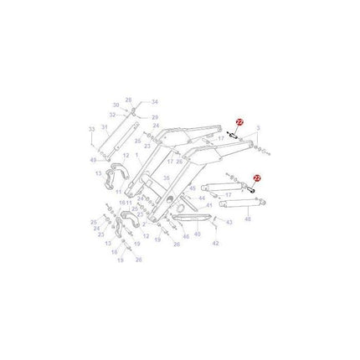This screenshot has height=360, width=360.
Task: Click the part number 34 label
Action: [x=154, y=101]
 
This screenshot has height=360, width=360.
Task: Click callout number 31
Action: [x=105, y=126]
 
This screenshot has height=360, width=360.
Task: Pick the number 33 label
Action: [x=91, y=129]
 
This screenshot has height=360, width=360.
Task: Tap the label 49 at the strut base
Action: [x=92, y=159]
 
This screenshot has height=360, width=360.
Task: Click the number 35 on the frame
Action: [x=166, y=177]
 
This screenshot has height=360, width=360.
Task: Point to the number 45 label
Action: [x=193, y=189]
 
